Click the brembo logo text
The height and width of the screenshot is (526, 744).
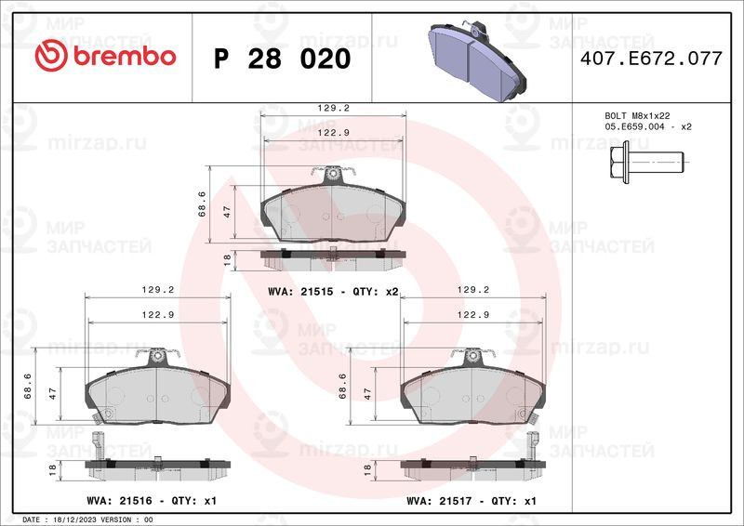click(105, 57)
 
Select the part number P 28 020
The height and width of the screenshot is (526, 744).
click(282, 59)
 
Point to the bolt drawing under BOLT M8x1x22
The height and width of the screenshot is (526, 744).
click(647, 161)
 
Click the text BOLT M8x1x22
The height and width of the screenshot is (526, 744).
click(637, 115)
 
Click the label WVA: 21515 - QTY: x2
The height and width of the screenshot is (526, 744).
click(332, 292)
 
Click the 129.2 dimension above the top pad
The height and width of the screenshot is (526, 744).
click(333, 108)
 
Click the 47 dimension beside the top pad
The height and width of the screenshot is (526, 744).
click(226, 212)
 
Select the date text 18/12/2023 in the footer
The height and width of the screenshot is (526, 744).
click(72, 519)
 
